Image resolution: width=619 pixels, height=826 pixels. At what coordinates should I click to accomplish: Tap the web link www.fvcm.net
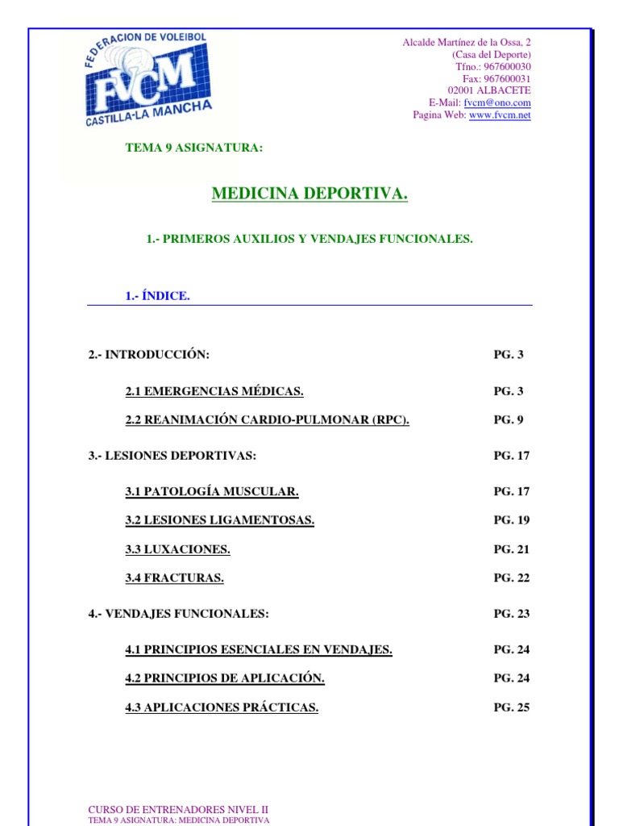(500, 115)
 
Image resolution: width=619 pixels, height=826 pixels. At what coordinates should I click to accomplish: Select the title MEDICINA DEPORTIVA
(309, 194)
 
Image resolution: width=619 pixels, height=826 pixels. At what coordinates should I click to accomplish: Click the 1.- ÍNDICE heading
(158, 296)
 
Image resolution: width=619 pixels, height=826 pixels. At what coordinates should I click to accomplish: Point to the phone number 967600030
(507, 67)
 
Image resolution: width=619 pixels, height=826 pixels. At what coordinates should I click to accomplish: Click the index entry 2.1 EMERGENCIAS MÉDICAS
(214, 391)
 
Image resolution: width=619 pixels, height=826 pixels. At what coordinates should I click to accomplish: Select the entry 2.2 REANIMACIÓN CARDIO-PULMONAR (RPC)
(267, 419)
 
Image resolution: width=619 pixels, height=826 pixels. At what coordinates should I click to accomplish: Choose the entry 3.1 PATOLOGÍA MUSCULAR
(212, 491)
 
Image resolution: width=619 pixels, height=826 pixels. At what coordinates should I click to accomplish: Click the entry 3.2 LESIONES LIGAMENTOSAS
(219, 520)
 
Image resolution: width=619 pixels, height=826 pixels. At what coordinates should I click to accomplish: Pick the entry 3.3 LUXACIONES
(177, 549)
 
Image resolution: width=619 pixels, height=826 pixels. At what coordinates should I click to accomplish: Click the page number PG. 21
(512, 549)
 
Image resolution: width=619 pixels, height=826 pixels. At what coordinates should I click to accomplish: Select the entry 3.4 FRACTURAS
(174, 578)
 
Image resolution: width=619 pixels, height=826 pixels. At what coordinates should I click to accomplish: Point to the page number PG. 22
(512, 578)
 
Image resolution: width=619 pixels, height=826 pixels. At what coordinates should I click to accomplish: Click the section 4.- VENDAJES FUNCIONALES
(178, 614)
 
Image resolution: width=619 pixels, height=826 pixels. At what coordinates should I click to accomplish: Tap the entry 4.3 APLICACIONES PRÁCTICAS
(222, 707)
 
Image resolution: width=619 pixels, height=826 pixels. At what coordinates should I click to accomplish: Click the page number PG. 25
(512, 707)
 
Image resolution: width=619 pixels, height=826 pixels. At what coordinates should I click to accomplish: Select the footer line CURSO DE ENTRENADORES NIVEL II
(178, 809)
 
